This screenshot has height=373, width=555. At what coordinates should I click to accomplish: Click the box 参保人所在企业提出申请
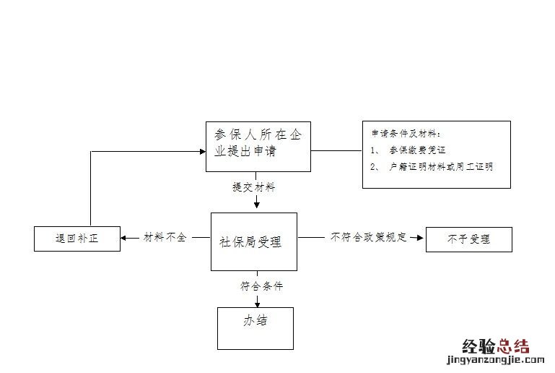[x=258, y=146]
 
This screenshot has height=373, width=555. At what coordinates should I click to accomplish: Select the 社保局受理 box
[x=253, y=241]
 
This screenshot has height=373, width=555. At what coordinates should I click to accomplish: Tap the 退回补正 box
[x=77, y=238]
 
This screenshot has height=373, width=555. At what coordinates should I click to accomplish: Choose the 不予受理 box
[x=468, y=239]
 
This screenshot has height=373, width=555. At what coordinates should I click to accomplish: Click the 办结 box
[x=255, y=327]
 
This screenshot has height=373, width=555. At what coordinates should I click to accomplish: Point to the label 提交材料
[x=253, y=187]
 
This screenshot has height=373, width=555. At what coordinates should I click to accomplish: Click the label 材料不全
[x=165, y=237]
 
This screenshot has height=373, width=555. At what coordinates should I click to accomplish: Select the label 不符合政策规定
[x=368, y=236]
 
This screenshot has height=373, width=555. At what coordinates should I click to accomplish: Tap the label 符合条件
[x=261, y=286]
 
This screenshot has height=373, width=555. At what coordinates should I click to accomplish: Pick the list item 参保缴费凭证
[x=416, y=150]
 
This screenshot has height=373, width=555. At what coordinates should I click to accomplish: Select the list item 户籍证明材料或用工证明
[x=440, y=167]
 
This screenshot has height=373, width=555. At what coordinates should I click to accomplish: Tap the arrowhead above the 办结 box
[x=257, y=302]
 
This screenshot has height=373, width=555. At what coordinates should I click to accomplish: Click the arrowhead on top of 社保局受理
[x=257, y=207]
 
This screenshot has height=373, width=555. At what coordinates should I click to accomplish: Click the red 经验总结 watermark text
[x=495, y=346]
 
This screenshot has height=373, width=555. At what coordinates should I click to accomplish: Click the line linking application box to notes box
[x=336, y=150]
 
